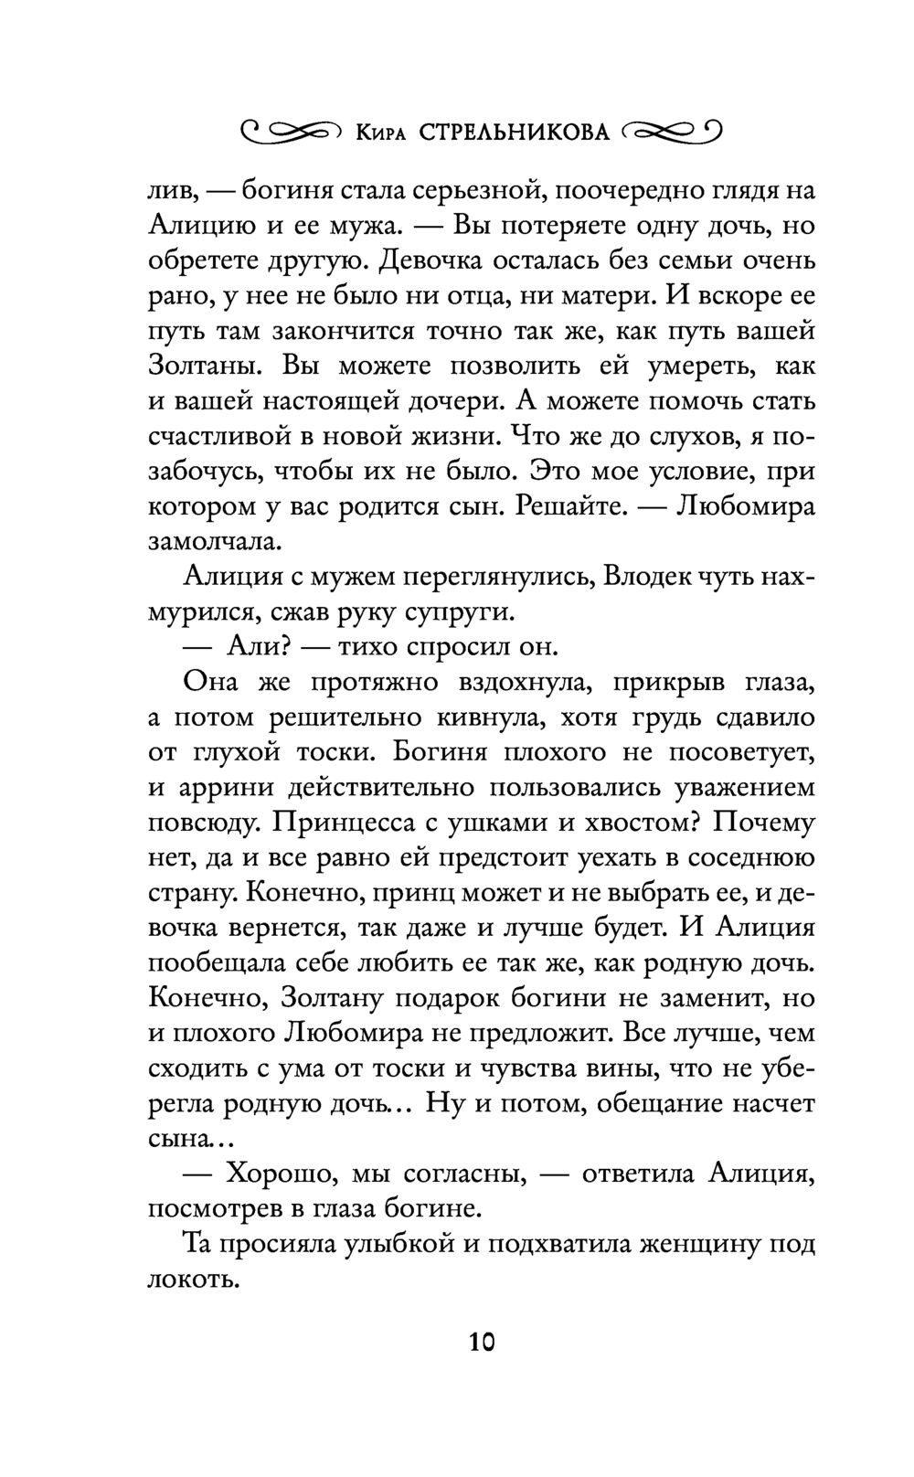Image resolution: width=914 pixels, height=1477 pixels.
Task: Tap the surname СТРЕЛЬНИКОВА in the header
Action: point(515,133)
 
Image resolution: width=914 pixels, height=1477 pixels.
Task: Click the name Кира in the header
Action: point(383,134)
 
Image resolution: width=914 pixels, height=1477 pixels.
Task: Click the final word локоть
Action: point(193,1279)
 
